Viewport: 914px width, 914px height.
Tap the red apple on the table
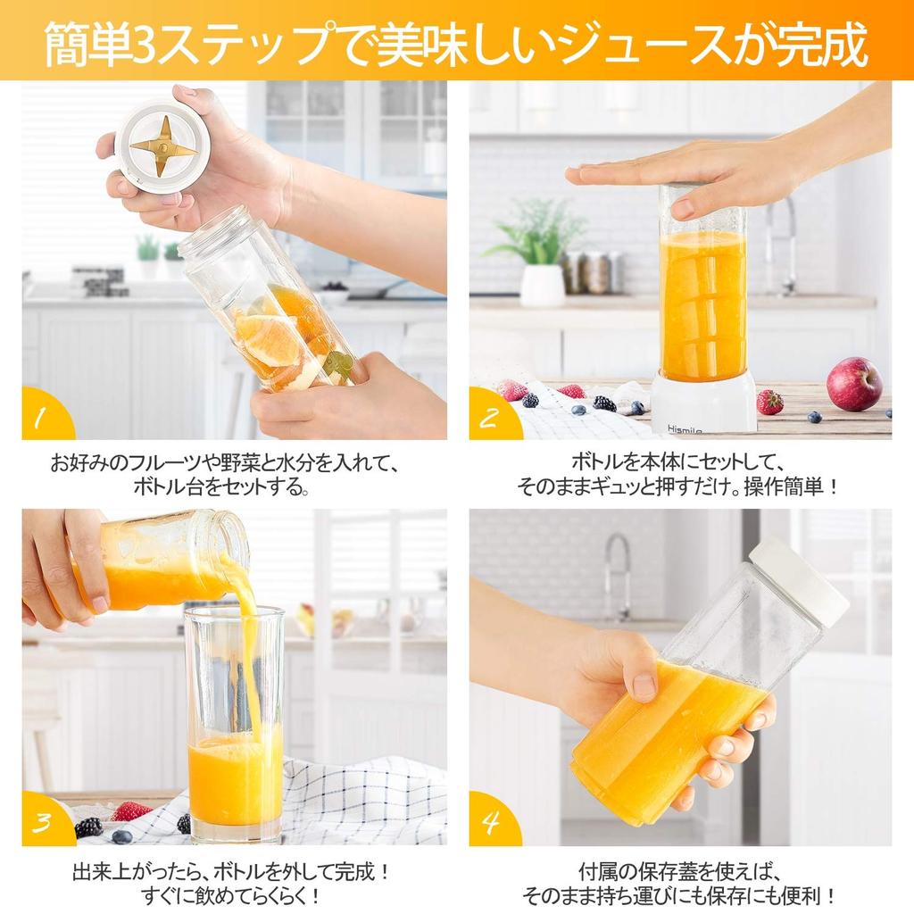pyautogui.click(x=854, y=384)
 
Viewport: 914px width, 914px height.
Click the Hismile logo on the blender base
pyautogui.click(x=685, y=430)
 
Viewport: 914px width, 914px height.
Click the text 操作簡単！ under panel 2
pyautogui.click(x=791, y=486)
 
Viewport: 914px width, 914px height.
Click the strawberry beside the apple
pyautogui.click(x=770, y=402)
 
